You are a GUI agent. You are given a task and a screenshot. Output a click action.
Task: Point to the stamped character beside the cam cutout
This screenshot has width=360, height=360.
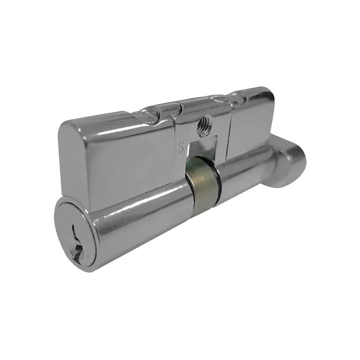pos(181,146)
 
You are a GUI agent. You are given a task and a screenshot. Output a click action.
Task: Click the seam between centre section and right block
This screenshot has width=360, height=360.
pos(228,129)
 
